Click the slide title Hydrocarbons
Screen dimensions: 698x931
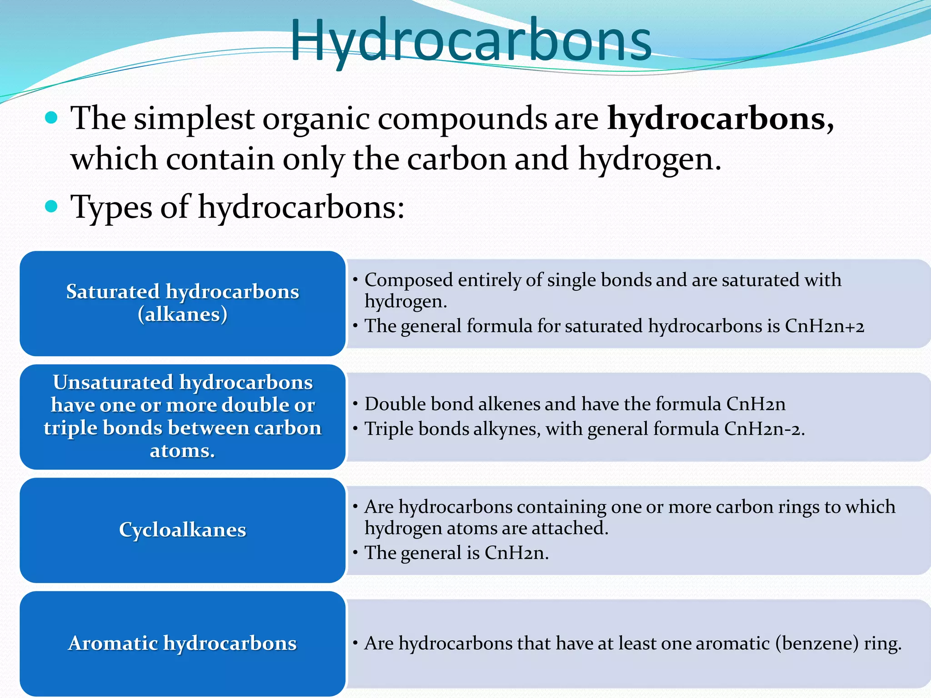(x=471, y=41)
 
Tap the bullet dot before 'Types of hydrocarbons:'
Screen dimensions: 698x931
(x=52, y=207)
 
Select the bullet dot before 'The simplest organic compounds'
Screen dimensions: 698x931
(x=52, y=118)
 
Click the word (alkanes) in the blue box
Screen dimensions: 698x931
(x=182, y=314)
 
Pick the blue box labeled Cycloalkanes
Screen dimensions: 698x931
(x=182, y=530)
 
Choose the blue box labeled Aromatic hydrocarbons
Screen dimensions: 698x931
(x=182, y=643)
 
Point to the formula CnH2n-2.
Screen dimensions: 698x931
(x=764, y=429)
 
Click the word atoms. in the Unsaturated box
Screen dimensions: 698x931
(x=182, y=451)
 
